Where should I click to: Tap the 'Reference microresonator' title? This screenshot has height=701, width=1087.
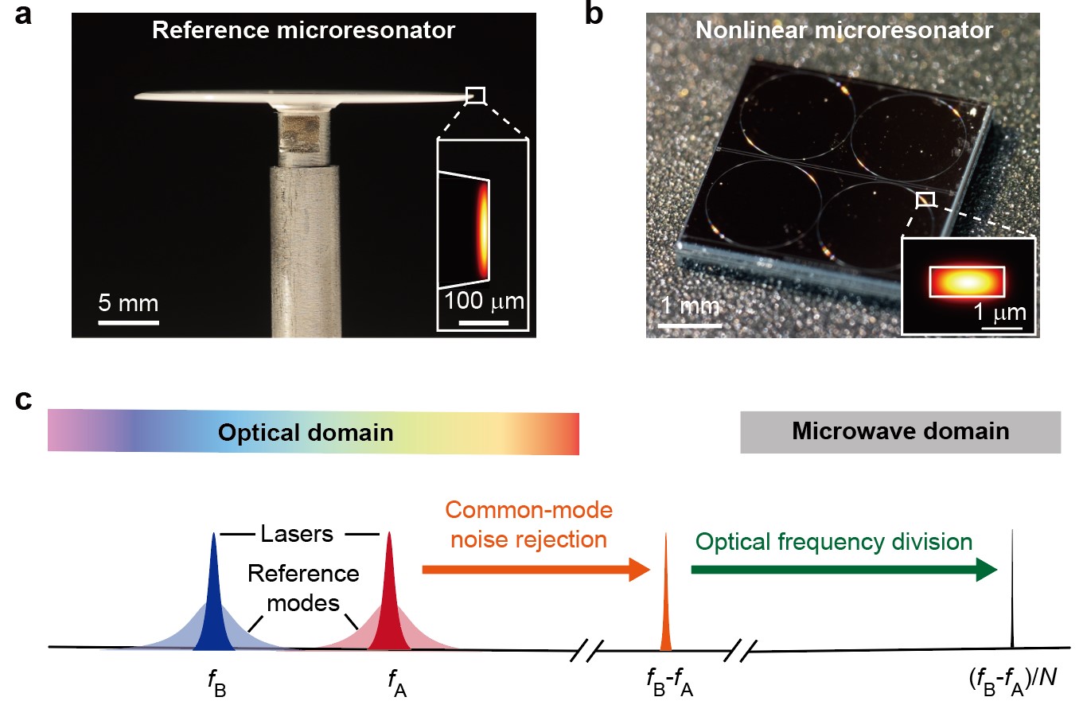(303, 31)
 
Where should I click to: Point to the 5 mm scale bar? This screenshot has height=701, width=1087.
(128, 322)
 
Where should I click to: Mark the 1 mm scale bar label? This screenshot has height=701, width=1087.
(689, 306)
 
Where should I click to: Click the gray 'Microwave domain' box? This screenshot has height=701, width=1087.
(900, 432)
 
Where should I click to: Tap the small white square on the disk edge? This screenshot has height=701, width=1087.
(475, 95)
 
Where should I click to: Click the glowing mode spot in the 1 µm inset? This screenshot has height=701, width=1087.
(966, 281)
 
